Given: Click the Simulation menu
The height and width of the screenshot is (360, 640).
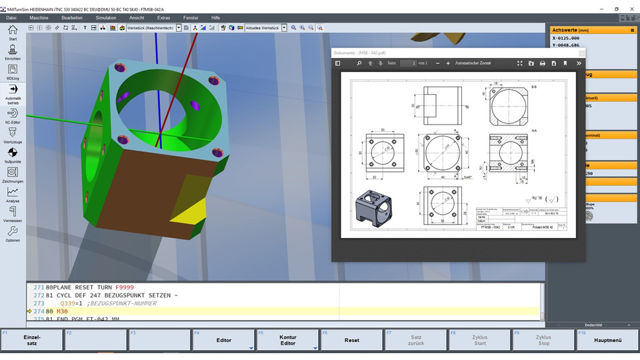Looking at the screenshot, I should coord(105,17).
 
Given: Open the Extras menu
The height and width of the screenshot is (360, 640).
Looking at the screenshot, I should coord(163,17).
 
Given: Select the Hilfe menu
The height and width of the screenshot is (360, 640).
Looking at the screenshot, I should coord(215,17).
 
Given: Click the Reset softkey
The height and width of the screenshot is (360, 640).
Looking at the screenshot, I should coord(352,340).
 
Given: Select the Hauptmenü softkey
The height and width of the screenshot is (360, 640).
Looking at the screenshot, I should coord(607,340).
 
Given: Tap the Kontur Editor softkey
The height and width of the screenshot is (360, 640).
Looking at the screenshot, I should coord(287,340).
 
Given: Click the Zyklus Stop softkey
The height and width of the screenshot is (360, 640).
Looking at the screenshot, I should coord(543,340).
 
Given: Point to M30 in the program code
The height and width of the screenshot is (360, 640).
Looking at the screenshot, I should coord(62,311).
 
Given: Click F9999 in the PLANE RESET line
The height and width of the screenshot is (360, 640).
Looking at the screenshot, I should coord(124,287).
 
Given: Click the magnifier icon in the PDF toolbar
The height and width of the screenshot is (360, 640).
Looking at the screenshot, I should coord(359,63).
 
